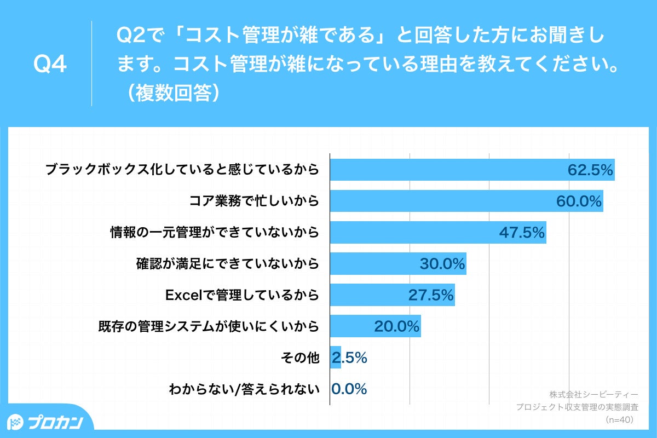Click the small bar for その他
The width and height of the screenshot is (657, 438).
pyautogui.click(x=335, y=358)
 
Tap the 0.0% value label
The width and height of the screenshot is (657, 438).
pyautogui.click(x=349, y=389)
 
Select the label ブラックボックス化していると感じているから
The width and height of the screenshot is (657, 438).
pyautogui.click(x=182, y=170)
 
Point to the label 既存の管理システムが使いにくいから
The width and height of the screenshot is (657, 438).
pyautogui.click(x=208, y=327)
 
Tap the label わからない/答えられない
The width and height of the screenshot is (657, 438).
pyautogui.click(x=244, y=389)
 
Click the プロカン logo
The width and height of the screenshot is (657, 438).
pyautogui.click(x=46, y=422)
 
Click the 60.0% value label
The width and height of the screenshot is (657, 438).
pyautogui.click(x=579, y=201)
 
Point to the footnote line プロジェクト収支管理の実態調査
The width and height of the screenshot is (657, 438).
pyautogui.click(x=577, y=407)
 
